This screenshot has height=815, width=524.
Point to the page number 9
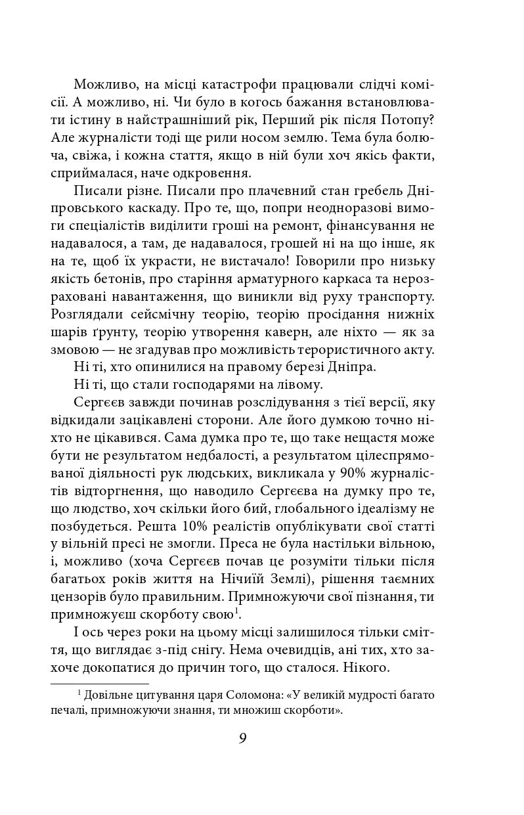[x=243, y=738]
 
